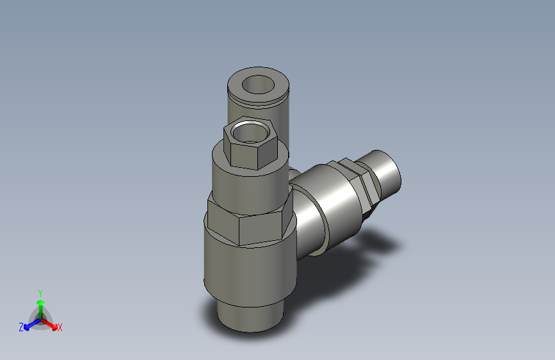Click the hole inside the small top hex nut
[249, 131]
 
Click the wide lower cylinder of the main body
[251, 272]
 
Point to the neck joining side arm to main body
[306, 224]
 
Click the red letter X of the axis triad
[60, 328]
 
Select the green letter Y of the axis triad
[40, 291]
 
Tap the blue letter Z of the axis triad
[21, 327]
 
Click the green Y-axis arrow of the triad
[40, 306]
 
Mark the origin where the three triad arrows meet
[40, 318]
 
